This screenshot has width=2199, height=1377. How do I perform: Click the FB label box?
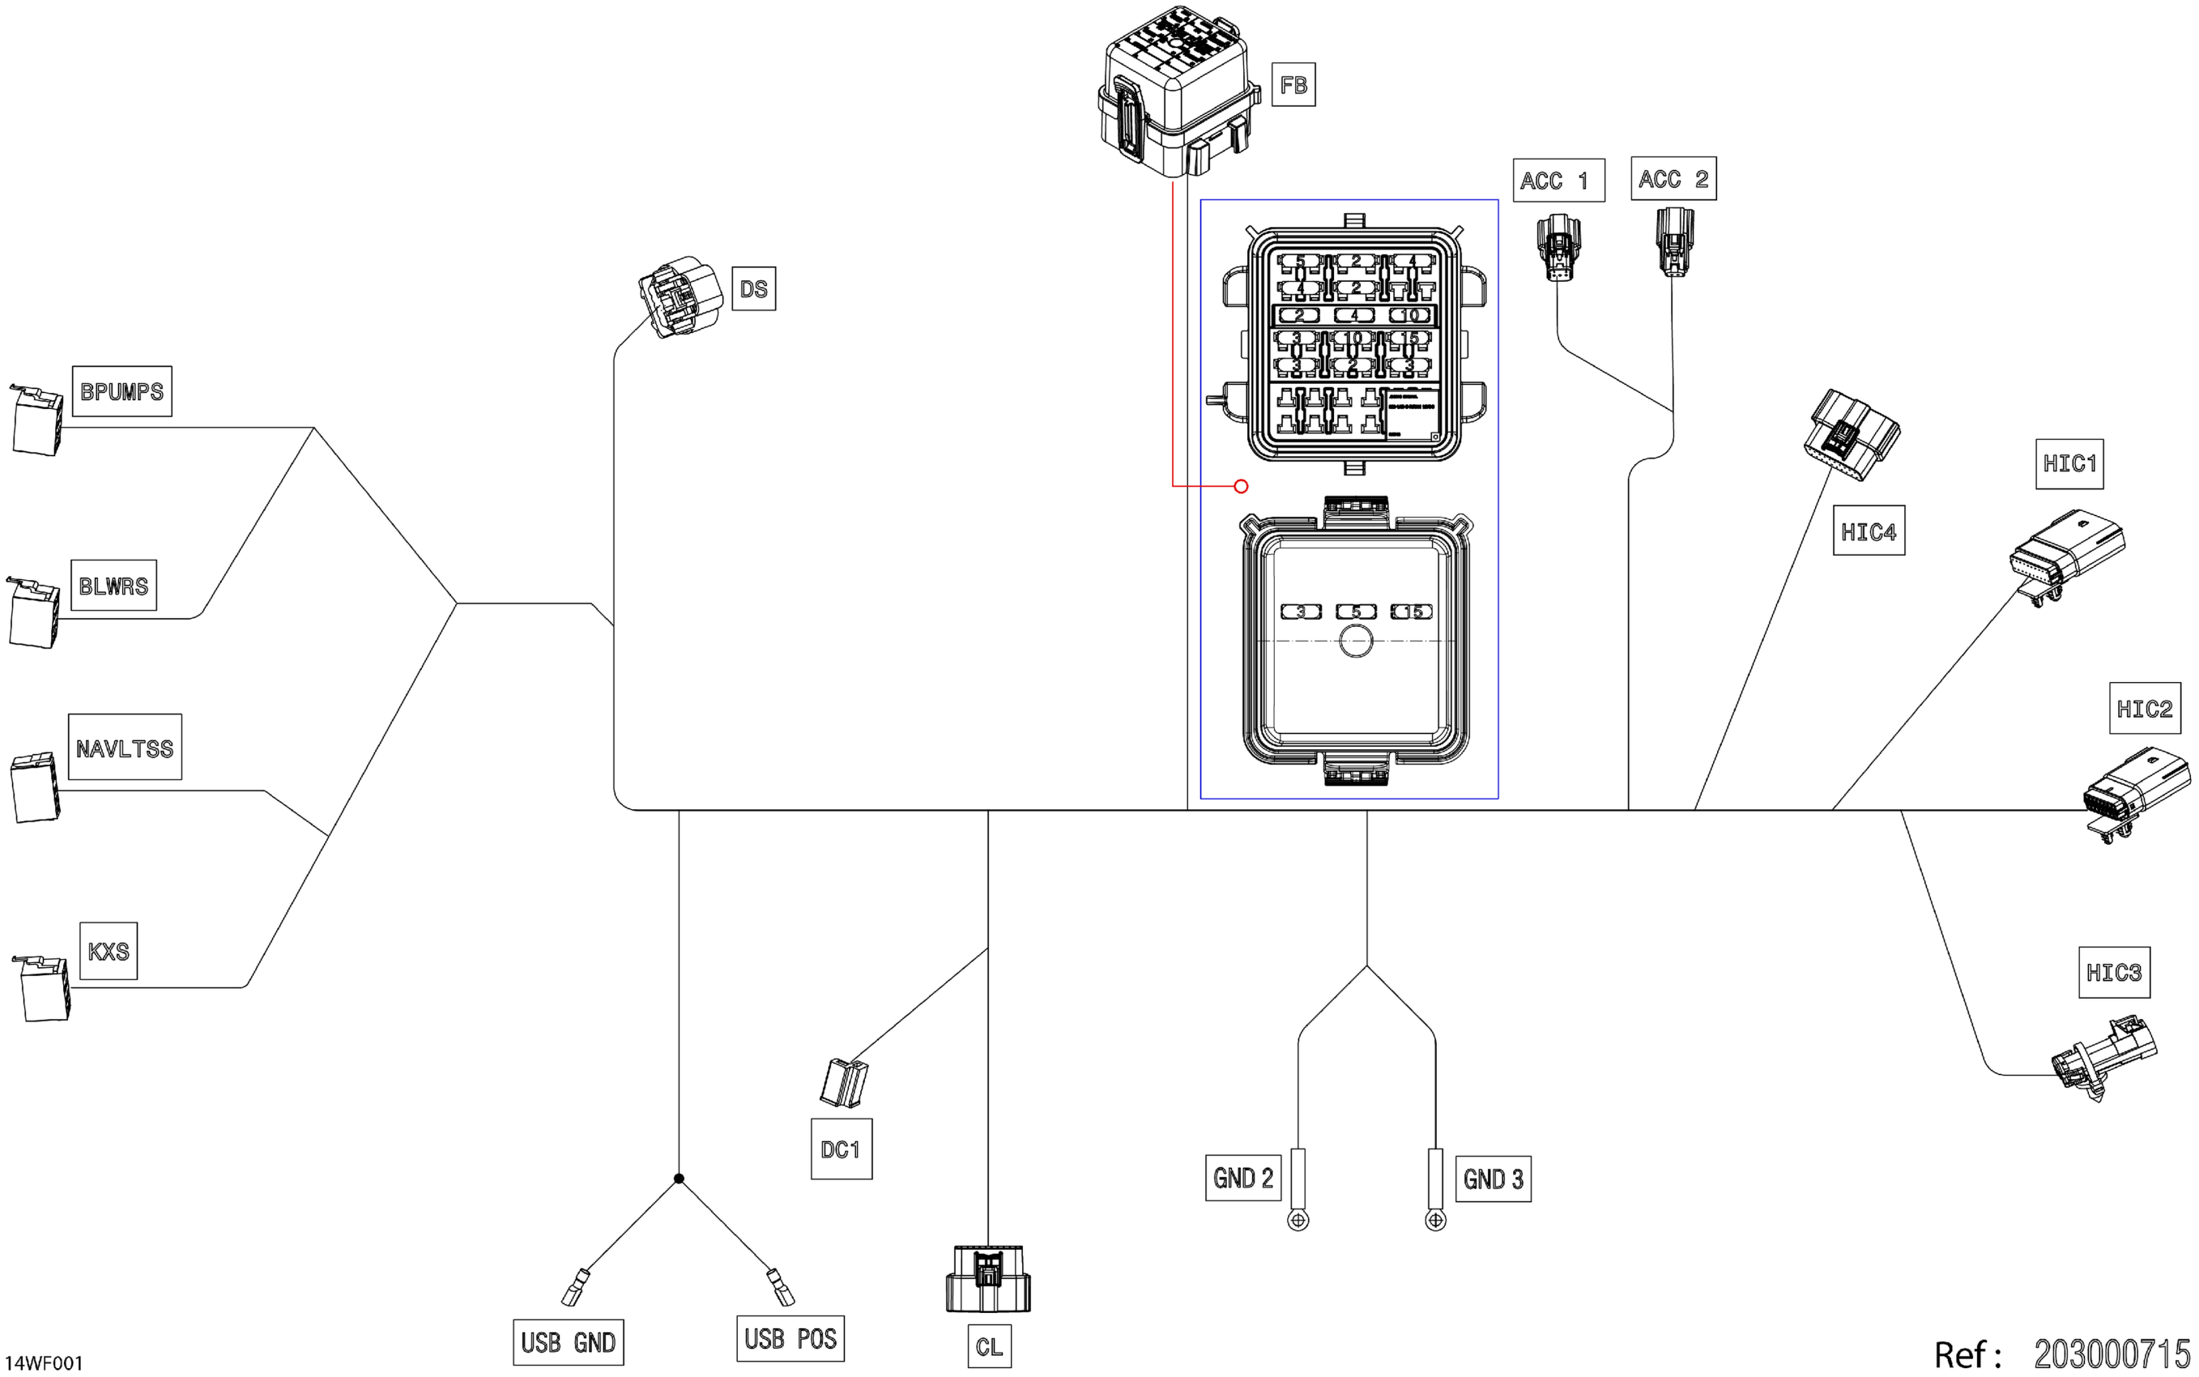click(1293, 85)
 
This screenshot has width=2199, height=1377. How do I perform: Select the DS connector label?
click(753, 288)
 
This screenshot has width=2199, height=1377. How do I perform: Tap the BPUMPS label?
click(122, 391)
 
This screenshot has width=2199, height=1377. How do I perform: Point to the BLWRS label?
click(113, 586)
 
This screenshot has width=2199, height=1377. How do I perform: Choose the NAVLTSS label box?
click(125, 748)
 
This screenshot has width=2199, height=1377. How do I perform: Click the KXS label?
click(109, 951)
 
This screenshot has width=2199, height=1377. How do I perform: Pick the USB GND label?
click(569, 1341)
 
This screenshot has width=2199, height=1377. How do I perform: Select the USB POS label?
click(790, 1338)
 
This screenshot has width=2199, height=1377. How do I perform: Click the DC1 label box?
click(841, 1149)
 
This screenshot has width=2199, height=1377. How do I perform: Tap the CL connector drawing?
click(988, 1279)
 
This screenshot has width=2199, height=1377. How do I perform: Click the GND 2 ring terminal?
click(1298, 1219)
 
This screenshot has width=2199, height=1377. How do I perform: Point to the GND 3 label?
click(1493, 1179)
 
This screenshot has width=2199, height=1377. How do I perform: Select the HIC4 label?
click(1868, 531)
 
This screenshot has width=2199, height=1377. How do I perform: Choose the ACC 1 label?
click(1558, 181)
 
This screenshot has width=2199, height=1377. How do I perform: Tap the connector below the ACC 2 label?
click(1674, 241)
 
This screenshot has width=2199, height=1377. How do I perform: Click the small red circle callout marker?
click(1240, 486)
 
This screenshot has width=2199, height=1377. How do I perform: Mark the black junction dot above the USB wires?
click(679, 1179)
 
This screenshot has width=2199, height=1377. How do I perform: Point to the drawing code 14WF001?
click(44, 1363)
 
